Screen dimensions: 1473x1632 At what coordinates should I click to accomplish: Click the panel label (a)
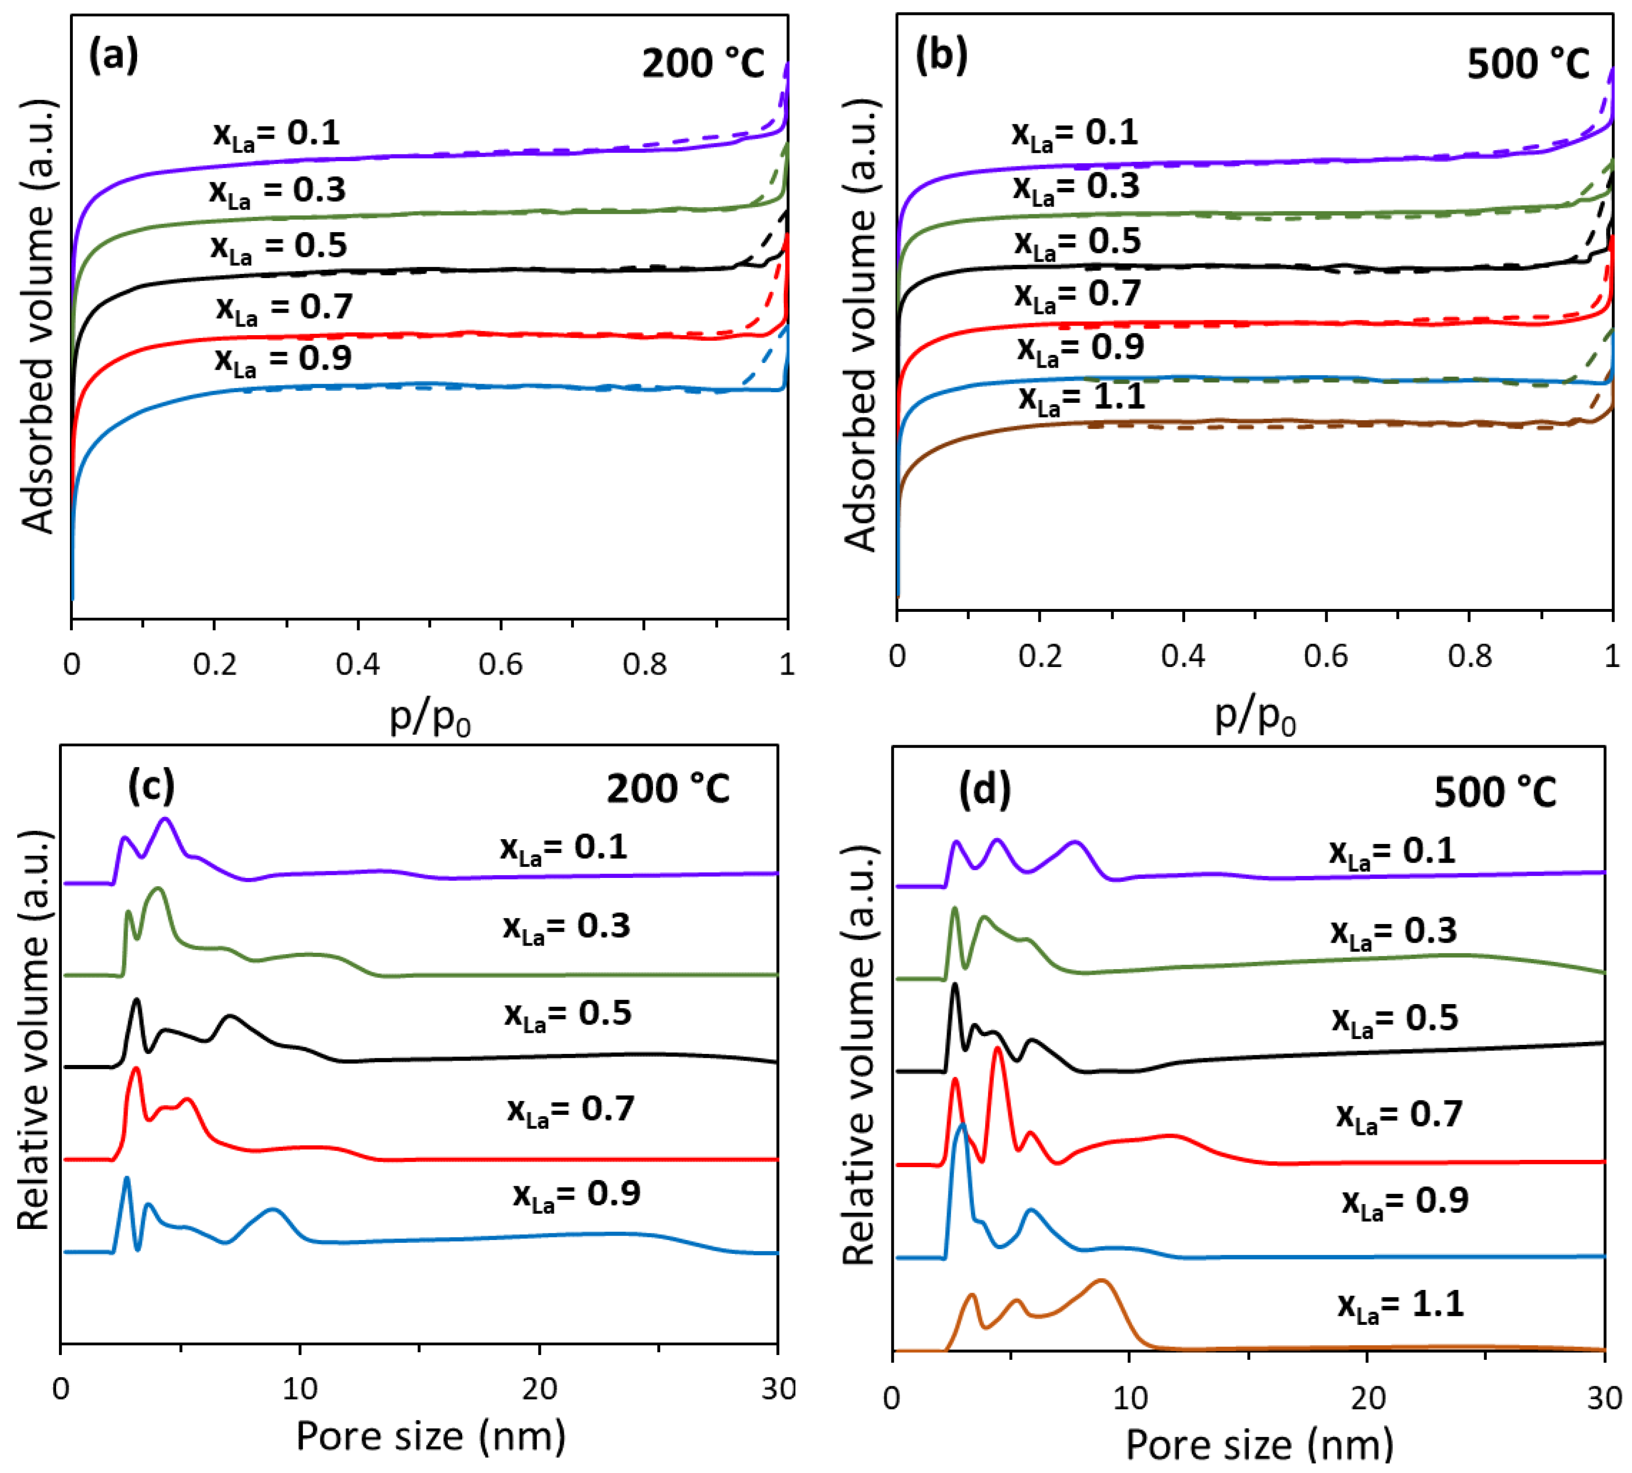(x=113, y=57)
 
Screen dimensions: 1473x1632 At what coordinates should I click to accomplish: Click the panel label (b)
(x=941, y=57)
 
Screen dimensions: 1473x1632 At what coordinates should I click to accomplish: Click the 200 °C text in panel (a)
(x=702, y=63)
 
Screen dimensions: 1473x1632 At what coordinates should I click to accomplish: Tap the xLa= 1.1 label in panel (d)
(x=1400, y=1305)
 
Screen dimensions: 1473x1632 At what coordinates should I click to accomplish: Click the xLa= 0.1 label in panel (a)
(x=277, y=134)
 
